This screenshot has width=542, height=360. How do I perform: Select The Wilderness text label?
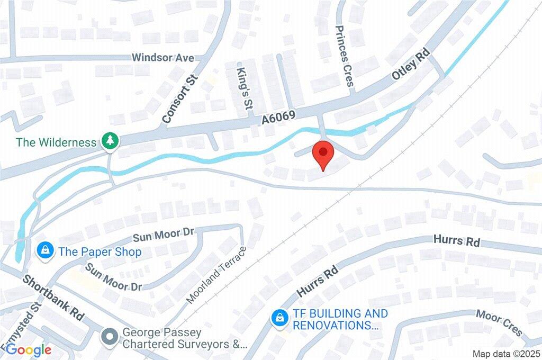[x=56, y=142]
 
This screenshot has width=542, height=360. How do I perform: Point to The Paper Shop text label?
[x=100, y=251]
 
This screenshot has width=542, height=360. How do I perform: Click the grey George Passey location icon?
[x=110, y=336]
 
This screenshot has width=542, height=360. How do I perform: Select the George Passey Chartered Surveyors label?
[x=185, y=339]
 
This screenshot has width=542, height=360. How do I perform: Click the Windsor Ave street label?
[x=163, y=57]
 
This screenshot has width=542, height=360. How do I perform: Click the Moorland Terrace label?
[x=218, y=275]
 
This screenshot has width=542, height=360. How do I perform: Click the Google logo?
[x=28, y=350]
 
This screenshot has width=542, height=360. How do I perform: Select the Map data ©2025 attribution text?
[x=507, y=354]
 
